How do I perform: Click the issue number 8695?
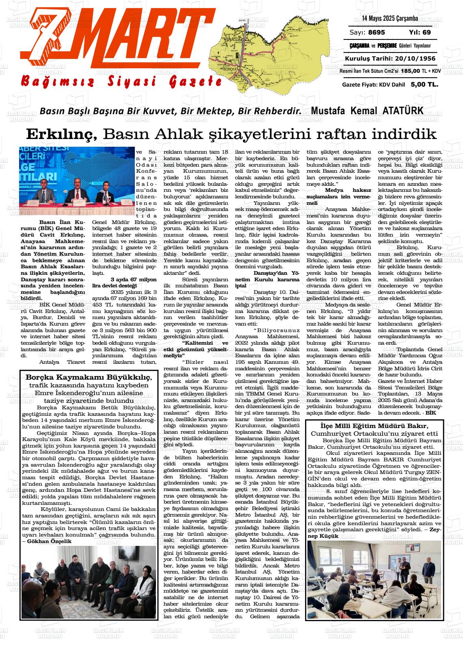click(x=377, y=33)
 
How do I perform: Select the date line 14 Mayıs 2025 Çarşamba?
click(x=390, y=19)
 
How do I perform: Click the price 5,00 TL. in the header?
click(x=424, y=85)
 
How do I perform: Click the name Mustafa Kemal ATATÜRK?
click(x=367, y=111)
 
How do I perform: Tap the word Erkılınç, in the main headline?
click(x=61, y=134)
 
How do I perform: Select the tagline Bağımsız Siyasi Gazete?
click(x=122, y=81)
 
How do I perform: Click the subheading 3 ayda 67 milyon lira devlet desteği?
click(x=124, y=283)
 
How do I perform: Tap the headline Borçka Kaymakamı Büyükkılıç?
click(x=89, y=377)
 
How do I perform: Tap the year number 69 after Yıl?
click(x=426, y=33)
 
